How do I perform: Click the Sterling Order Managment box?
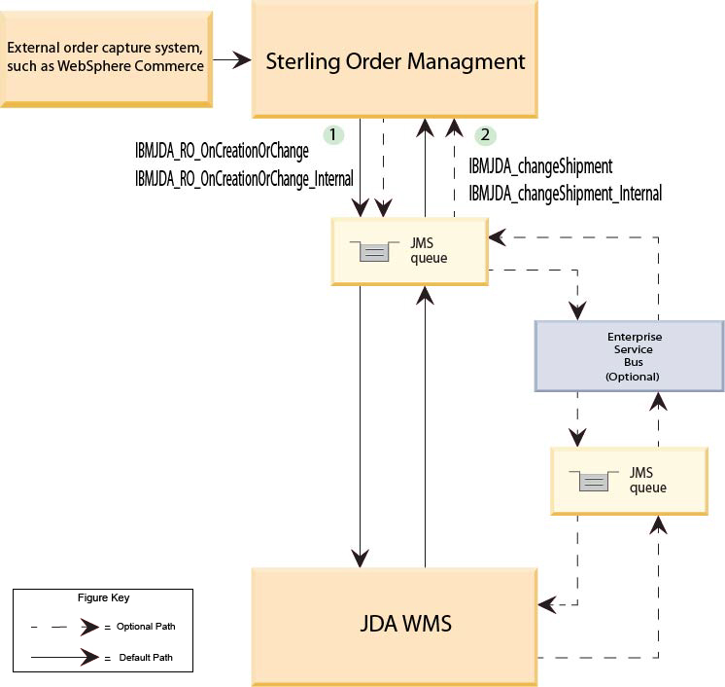coord(396,61)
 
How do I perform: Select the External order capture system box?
coord(107,58)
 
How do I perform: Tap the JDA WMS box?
coord(396,623)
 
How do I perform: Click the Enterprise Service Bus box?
coord(629,356)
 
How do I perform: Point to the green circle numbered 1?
coord(333,134)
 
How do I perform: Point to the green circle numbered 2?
coord(485,134)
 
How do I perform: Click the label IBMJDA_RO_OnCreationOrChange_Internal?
coord(244,178)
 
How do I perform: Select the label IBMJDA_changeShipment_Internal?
coord(565,194)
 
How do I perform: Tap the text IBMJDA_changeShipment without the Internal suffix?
coord(540,166)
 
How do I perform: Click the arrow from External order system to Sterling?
coord(231,61)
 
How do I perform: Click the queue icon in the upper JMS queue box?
coord(374,252)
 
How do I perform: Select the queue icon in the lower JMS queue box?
coord(593,481)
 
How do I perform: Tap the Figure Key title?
coord(103,597)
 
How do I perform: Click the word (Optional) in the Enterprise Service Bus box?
coord(632,377)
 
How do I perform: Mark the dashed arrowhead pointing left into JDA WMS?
coord(548,604)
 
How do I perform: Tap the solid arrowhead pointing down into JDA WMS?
coord(361,559)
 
